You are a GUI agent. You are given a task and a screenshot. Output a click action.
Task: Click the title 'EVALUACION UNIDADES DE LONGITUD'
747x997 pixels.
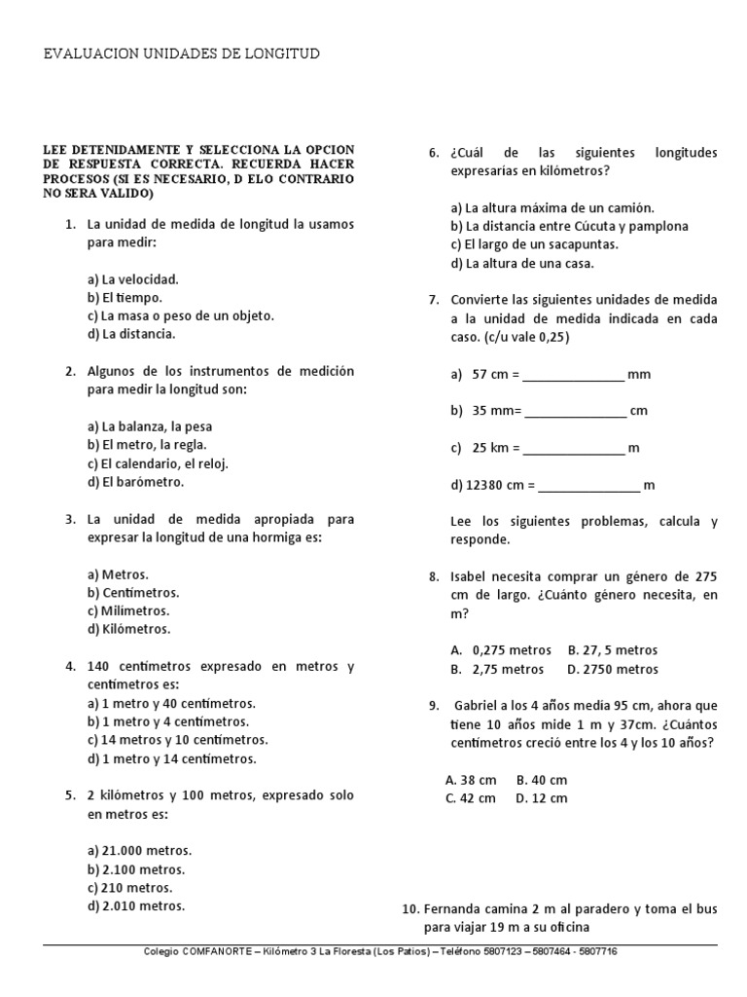[x=182, y=54]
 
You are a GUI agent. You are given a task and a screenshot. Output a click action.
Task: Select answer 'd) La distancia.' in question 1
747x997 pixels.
[x=131, y=334]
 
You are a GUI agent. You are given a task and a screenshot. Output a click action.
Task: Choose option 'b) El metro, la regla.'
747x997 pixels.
[x=147, y=445]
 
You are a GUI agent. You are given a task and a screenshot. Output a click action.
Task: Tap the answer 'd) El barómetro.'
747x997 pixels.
[x=135, y=482]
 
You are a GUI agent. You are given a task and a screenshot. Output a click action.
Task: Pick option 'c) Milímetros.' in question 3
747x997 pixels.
[x=128, y=611]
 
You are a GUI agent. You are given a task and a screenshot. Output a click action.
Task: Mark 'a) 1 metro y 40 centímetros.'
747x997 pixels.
[x=171, y=704]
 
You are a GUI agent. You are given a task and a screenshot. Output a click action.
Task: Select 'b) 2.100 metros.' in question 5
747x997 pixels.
[x=136, y=869]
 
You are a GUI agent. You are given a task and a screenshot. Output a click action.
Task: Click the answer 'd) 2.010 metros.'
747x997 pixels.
[x=136, y=906]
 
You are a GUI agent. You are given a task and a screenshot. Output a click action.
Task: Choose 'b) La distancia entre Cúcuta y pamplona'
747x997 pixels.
[x=569, y=226]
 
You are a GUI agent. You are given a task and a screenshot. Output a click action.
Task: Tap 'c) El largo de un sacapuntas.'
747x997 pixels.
[x=534, y=244]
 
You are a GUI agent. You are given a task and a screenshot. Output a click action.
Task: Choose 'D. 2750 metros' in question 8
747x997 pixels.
[x=613, y=669]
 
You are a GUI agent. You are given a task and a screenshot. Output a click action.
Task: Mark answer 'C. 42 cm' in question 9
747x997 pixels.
[x=471, y=798]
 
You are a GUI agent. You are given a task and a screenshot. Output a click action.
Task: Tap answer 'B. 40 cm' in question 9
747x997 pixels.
[x=542, y=780]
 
